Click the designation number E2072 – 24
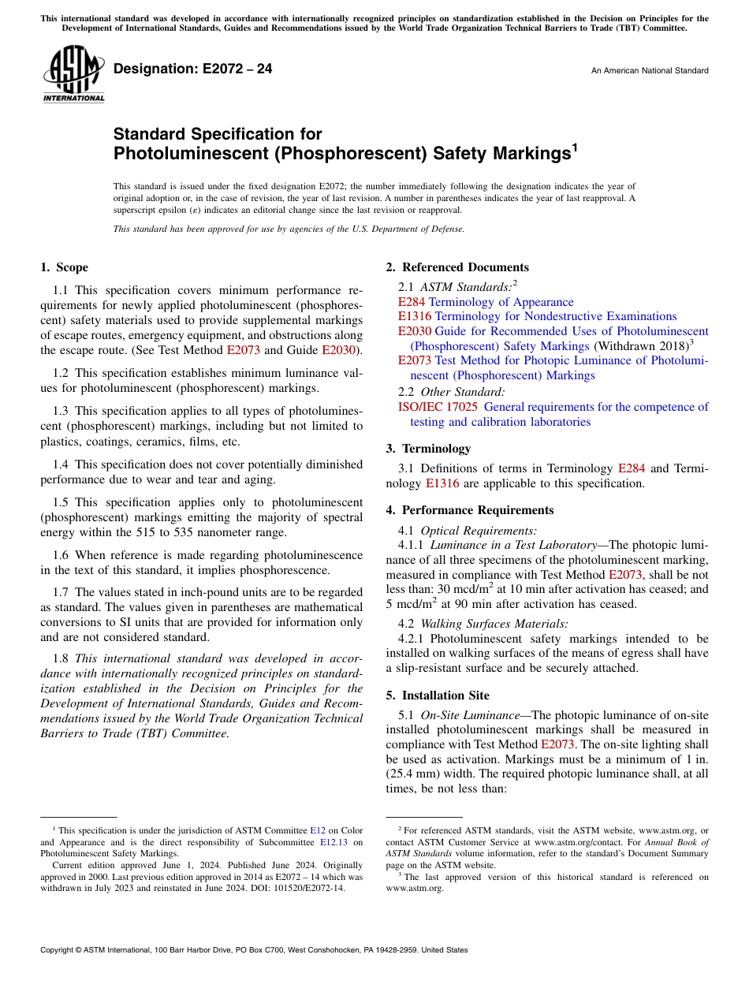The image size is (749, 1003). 192,69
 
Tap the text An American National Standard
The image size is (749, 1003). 649,71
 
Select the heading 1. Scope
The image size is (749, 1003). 64,267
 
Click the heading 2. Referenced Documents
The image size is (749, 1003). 456,267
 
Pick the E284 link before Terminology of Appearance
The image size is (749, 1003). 412,302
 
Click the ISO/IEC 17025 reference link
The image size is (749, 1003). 438,407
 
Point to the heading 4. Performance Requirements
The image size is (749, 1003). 469,510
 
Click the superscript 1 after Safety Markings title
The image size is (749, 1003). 575,147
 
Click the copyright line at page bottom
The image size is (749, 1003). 254,950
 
